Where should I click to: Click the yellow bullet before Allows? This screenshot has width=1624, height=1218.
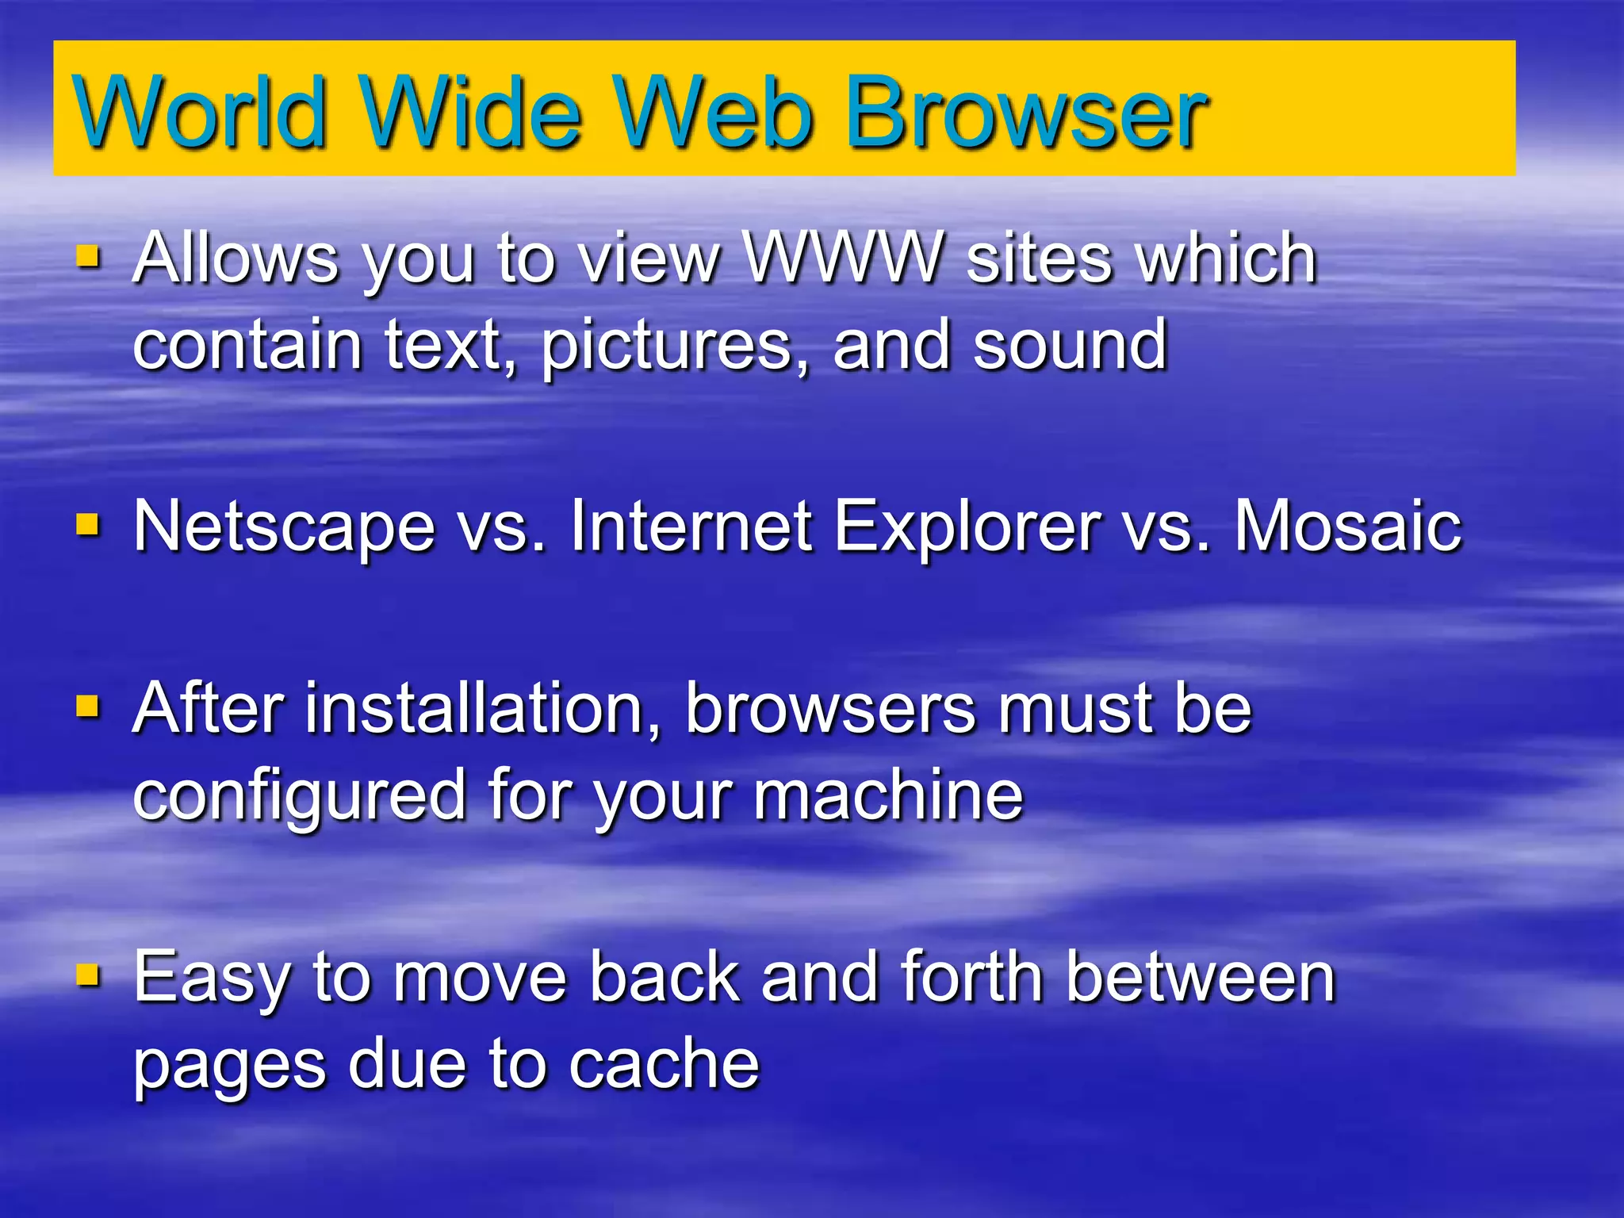tap(87, 257)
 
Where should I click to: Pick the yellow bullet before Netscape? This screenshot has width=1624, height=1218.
tap(87, 524)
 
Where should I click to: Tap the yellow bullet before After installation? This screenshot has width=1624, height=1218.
tap(87, 705)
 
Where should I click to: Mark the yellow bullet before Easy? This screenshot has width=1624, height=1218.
tap(87, 974)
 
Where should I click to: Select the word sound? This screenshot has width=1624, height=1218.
tap(1070, 346)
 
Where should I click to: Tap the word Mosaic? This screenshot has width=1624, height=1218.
tap(1348, 526)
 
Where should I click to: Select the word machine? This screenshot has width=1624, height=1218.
tap(888, 795)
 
